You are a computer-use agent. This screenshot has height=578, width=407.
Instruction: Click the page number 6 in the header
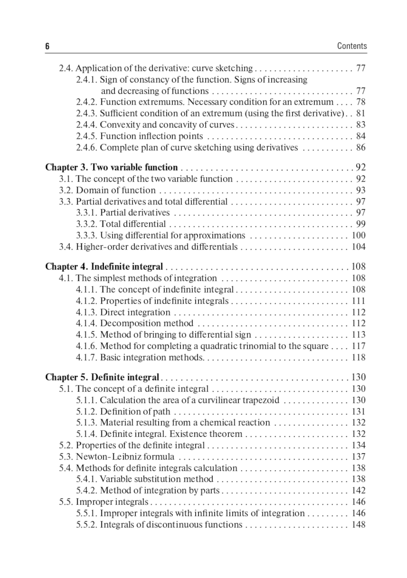(47, 46)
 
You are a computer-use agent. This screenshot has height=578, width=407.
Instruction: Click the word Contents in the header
(352, 46)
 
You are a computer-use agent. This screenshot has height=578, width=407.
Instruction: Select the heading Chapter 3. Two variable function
(112, 167)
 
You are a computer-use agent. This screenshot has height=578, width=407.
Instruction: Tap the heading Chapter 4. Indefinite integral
(104, 267)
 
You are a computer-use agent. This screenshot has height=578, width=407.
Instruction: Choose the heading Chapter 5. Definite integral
(102, 377)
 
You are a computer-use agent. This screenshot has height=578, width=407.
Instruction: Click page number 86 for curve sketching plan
(361, 147)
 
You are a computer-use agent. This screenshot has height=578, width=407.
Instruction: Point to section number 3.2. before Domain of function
(66, 190)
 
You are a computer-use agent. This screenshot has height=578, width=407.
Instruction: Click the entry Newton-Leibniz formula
(125, 457)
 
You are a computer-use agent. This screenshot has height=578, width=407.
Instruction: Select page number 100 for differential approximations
(359, 235)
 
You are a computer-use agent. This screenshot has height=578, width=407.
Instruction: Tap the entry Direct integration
(135, 312)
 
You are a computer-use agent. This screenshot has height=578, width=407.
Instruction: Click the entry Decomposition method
(147, 323)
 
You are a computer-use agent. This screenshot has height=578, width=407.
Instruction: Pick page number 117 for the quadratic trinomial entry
(359, 346)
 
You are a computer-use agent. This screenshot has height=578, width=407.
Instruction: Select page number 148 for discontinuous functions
(359, 525)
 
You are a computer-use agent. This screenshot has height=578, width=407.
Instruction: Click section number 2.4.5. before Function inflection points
(87, 136)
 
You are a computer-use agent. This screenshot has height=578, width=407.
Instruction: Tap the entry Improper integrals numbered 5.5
(112, 502)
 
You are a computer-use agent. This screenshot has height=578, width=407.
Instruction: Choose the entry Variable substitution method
(157, 479)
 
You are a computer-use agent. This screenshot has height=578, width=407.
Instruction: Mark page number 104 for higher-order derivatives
(359, 247)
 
